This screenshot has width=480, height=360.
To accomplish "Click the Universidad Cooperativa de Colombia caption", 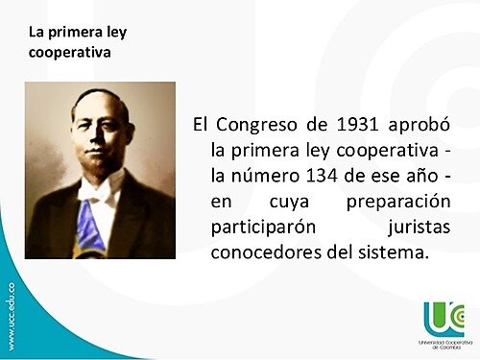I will [443, 344].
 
